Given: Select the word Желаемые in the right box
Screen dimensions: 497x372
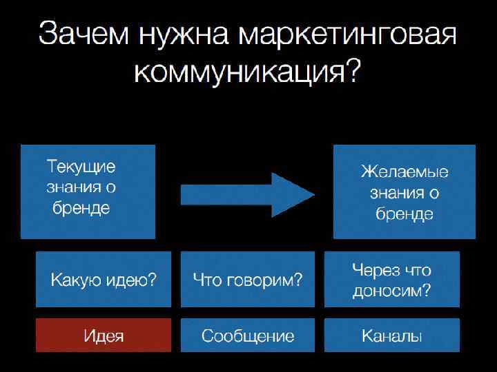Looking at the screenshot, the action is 405,172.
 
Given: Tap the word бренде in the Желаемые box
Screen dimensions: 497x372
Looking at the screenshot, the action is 405,214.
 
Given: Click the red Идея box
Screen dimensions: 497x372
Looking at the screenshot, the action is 104,335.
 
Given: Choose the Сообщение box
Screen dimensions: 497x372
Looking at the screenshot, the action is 248,335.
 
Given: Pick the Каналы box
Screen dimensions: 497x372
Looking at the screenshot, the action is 391,335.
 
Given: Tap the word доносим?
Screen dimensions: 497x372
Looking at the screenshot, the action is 391,291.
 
